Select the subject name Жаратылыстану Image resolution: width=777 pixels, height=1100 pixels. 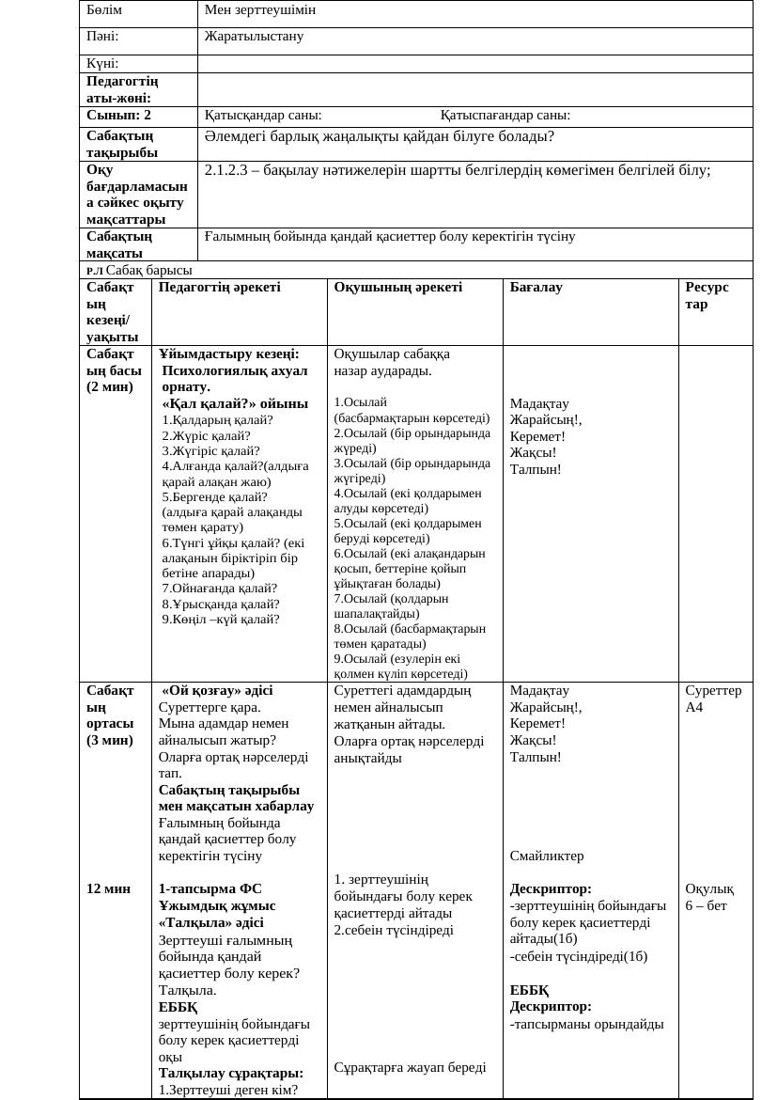point(254,37)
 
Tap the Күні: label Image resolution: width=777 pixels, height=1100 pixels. point(102,63)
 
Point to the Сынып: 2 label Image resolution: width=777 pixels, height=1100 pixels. point(119,116)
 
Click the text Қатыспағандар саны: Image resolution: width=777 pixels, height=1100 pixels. point(505,116)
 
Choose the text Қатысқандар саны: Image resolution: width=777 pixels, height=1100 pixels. point(263,116)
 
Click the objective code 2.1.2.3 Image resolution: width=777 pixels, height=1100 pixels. point(225,170)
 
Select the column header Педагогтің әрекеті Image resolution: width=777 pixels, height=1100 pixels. point(220,287)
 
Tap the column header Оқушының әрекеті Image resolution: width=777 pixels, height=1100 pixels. point(398,287)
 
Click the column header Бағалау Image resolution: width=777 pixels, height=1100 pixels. point(536,287)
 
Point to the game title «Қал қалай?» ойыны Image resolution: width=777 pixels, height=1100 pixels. point(235,403)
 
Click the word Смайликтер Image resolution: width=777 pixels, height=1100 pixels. point(547,856)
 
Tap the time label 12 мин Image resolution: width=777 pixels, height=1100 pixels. point(109,888)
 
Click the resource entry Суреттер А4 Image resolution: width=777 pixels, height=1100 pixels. point(713,699)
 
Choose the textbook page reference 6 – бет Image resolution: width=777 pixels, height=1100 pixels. point(706,905)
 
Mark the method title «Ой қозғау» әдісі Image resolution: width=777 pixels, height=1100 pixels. point(217,690)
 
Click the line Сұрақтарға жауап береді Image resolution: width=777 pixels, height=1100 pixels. point(410,1067)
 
